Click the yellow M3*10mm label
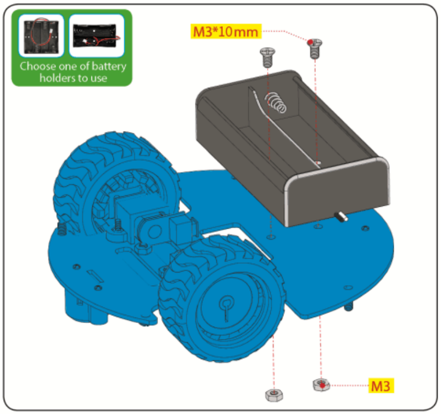coord(226,31)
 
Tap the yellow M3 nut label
coord(381,385)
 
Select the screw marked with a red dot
coord(315,48)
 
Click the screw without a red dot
coord(267,58)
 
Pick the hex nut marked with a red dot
coord(321,385)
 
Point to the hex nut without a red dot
coord(274,395)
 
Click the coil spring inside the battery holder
coord(276,103)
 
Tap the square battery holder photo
coord(41,36)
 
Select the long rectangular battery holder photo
coord(97,36)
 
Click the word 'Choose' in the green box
coord(38,66)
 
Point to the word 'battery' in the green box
coord(109,67)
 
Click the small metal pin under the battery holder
coord(341,217)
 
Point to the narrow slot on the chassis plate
coord(96,276)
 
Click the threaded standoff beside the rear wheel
coord(62,229)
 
